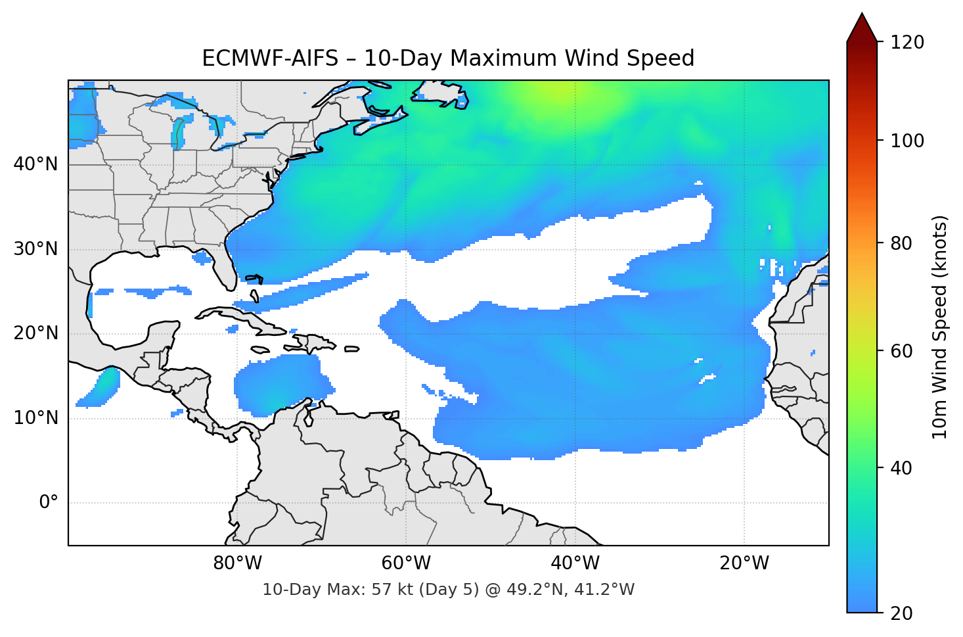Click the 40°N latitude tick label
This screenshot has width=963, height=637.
pos(35,164)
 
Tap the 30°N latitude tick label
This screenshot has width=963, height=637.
pos(35,249)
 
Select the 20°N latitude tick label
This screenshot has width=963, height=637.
pos(35,333)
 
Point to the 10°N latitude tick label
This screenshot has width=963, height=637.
pos(35,418)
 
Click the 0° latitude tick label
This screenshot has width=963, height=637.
pos(49,503)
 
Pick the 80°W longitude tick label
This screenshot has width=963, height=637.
pos(237,563)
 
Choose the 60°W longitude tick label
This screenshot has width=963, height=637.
pos(406,563)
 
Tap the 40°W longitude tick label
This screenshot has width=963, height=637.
pos(575,563)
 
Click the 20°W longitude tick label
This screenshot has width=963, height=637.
pos(744,563)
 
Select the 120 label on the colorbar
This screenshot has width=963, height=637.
pos(907,42)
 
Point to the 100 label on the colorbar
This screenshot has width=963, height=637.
pos(907,141)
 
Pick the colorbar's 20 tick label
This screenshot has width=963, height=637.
pos(901,613)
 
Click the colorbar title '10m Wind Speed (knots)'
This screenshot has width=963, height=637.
pos(940,327)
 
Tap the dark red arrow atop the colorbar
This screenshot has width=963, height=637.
pos(862,28)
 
